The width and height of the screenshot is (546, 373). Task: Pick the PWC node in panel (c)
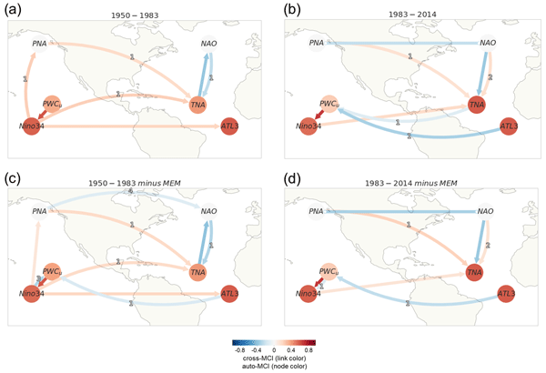click(x=52, y=272)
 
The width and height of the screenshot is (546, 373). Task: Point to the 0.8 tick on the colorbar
click(x=316, y=348)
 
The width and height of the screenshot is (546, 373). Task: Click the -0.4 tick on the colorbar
click(x=255, y=348)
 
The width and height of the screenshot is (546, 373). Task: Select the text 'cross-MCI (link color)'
click(x=274, y=358)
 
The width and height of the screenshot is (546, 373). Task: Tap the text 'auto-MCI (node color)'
click(x=274, y=367)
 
